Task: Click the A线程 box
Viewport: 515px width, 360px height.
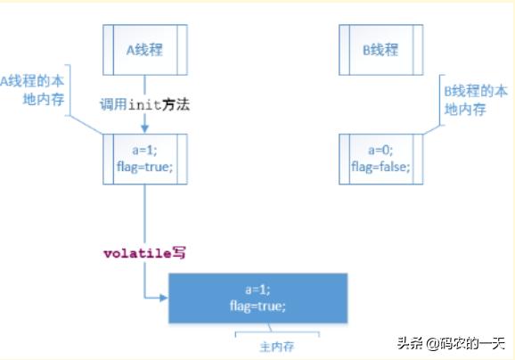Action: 145,50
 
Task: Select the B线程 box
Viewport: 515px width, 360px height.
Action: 381,50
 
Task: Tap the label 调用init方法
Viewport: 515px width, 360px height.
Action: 145,105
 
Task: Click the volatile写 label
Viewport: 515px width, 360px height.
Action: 145,253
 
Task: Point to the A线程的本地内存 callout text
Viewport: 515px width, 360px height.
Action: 32,90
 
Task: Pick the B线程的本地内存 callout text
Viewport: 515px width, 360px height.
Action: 476,100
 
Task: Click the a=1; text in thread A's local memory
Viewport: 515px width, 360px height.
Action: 144,150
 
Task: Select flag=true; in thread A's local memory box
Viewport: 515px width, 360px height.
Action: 145,167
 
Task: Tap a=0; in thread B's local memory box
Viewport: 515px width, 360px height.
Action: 380,150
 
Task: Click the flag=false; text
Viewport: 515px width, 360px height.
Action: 380,167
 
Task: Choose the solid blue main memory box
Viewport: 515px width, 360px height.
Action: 258,299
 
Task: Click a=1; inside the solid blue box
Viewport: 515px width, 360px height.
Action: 257,290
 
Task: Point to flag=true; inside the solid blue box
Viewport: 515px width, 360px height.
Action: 257,307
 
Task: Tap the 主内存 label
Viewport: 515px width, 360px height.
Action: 277,347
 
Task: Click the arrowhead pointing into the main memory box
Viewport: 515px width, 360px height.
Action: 164,298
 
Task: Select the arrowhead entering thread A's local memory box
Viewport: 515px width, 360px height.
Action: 145,128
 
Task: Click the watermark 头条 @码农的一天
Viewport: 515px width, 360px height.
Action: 451,344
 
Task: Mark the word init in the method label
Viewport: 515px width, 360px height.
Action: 145,105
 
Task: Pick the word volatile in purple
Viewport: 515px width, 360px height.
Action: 137,254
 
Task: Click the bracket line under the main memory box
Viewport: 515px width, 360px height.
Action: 277,332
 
